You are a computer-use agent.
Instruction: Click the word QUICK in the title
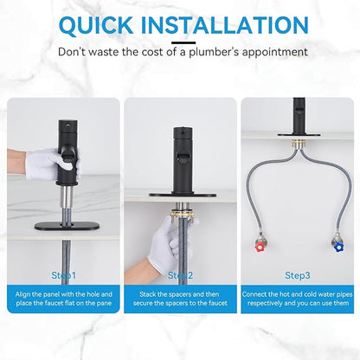click(x=95, y=25)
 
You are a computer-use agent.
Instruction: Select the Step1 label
click(x=64, y=275)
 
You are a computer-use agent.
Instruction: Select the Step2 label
click(x=180, y=275)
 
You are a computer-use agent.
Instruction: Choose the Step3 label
click(x=298, y=275)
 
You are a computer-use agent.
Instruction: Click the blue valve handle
click(x=338, y=247)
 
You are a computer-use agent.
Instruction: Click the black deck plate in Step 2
click(x=183, y=195)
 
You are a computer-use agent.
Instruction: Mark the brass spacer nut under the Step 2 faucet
click(x=183, y=215)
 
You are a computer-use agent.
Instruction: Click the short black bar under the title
click(x=183, y=42)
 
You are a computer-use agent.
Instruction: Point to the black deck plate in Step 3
click(x=299, y=134)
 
